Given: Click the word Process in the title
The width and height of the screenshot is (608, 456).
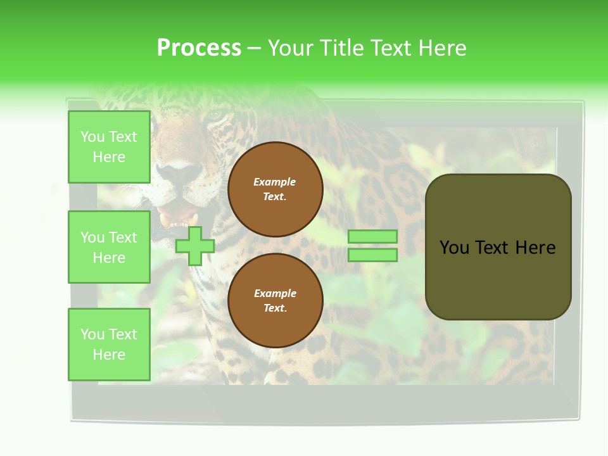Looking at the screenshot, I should coord(199,48).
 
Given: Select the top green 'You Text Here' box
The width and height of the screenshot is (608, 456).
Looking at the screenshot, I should coord(109,147).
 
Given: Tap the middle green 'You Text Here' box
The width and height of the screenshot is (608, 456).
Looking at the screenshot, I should coord(109,247).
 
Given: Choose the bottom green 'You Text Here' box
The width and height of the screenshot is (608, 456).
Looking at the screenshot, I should coord(109,345).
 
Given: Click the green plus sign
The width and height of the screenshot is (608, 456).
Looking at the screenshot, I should coord(194,246).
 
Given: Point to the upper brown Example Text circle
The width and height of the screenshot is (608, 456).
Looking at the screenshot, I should coord(275,189).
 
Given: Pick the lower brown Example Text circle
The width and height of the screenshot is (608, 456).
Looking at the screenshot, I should coord(275,301).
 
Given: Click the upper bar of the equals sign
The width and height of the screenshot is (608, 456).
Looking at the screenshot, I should coord(372,237).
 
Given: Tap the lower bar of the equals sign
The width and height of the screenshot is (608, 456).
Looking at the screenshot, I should coord(372,255).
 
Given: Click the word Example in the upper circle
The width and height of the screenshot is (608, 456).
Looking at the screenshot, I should coord(275,182).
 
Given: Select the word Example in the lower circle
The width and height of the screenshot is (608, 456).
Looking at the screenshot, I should coord(275,293).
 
